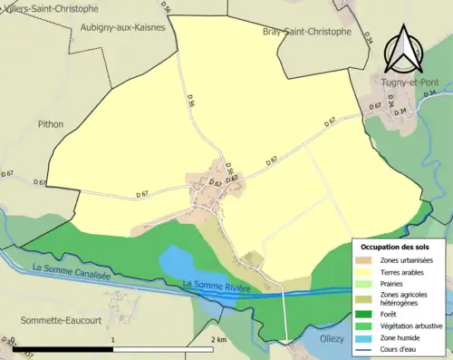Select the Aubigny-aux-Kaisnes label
pyautogui.click(x=120, y=28)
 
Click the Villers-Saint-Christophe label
pyautogui.click(x=51, y=7)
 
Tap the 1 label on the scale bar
pyautogui.click(x=112, y=339)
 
